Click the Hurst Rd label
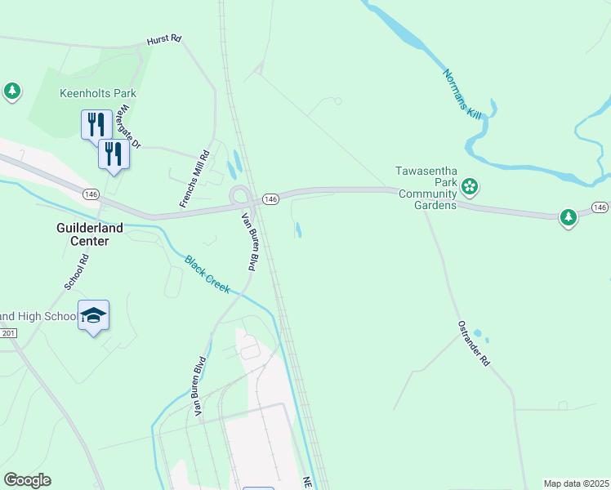163,40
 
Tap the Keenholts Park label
98,93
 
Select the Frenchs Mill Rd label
194,178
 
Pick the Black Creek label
207,275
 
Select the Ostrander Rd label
473,343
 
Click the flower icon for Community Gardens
470,187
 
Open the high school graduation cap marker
93,315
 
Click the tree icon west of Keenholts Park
12,91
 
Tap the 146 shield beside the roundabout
271,199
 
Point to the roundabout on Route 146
241,196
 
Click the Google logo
27,480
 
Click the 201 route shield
8,332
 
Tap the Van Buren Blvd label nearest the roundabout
248,242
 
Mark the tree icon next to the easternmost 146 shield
569,216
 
